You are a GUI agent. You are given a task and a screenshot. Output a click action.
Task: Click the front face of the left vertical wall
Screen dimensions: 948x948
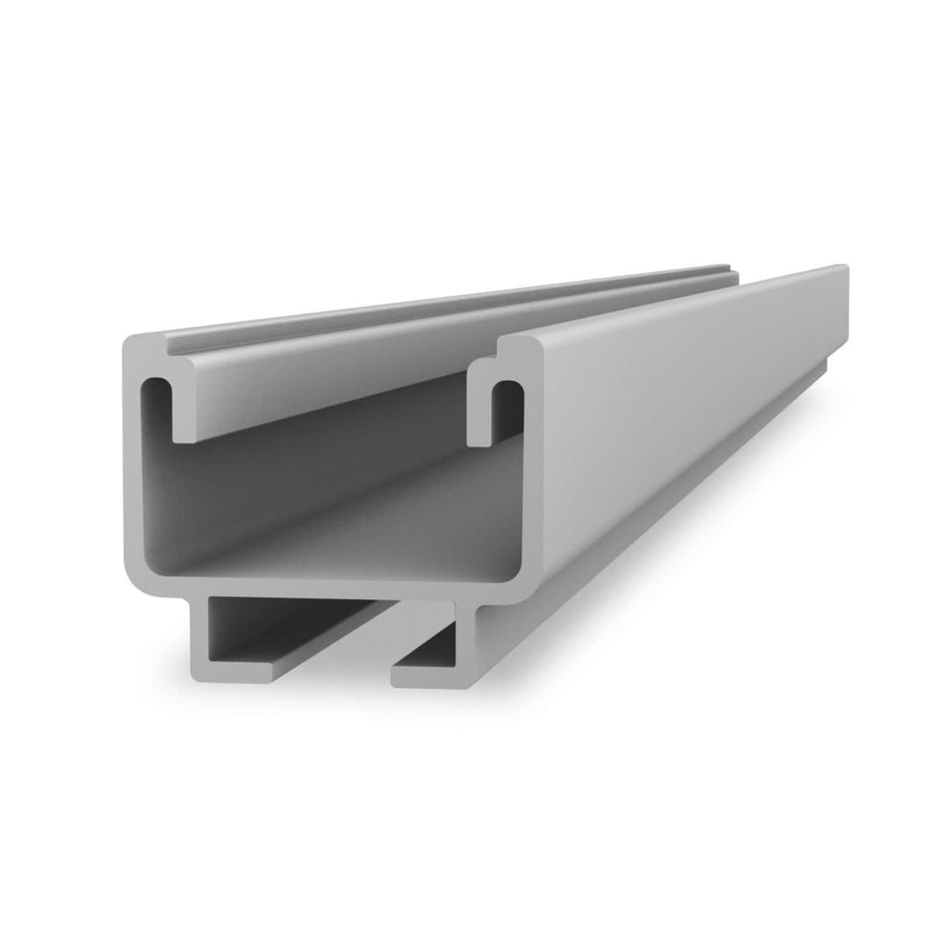click(134, 492)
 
